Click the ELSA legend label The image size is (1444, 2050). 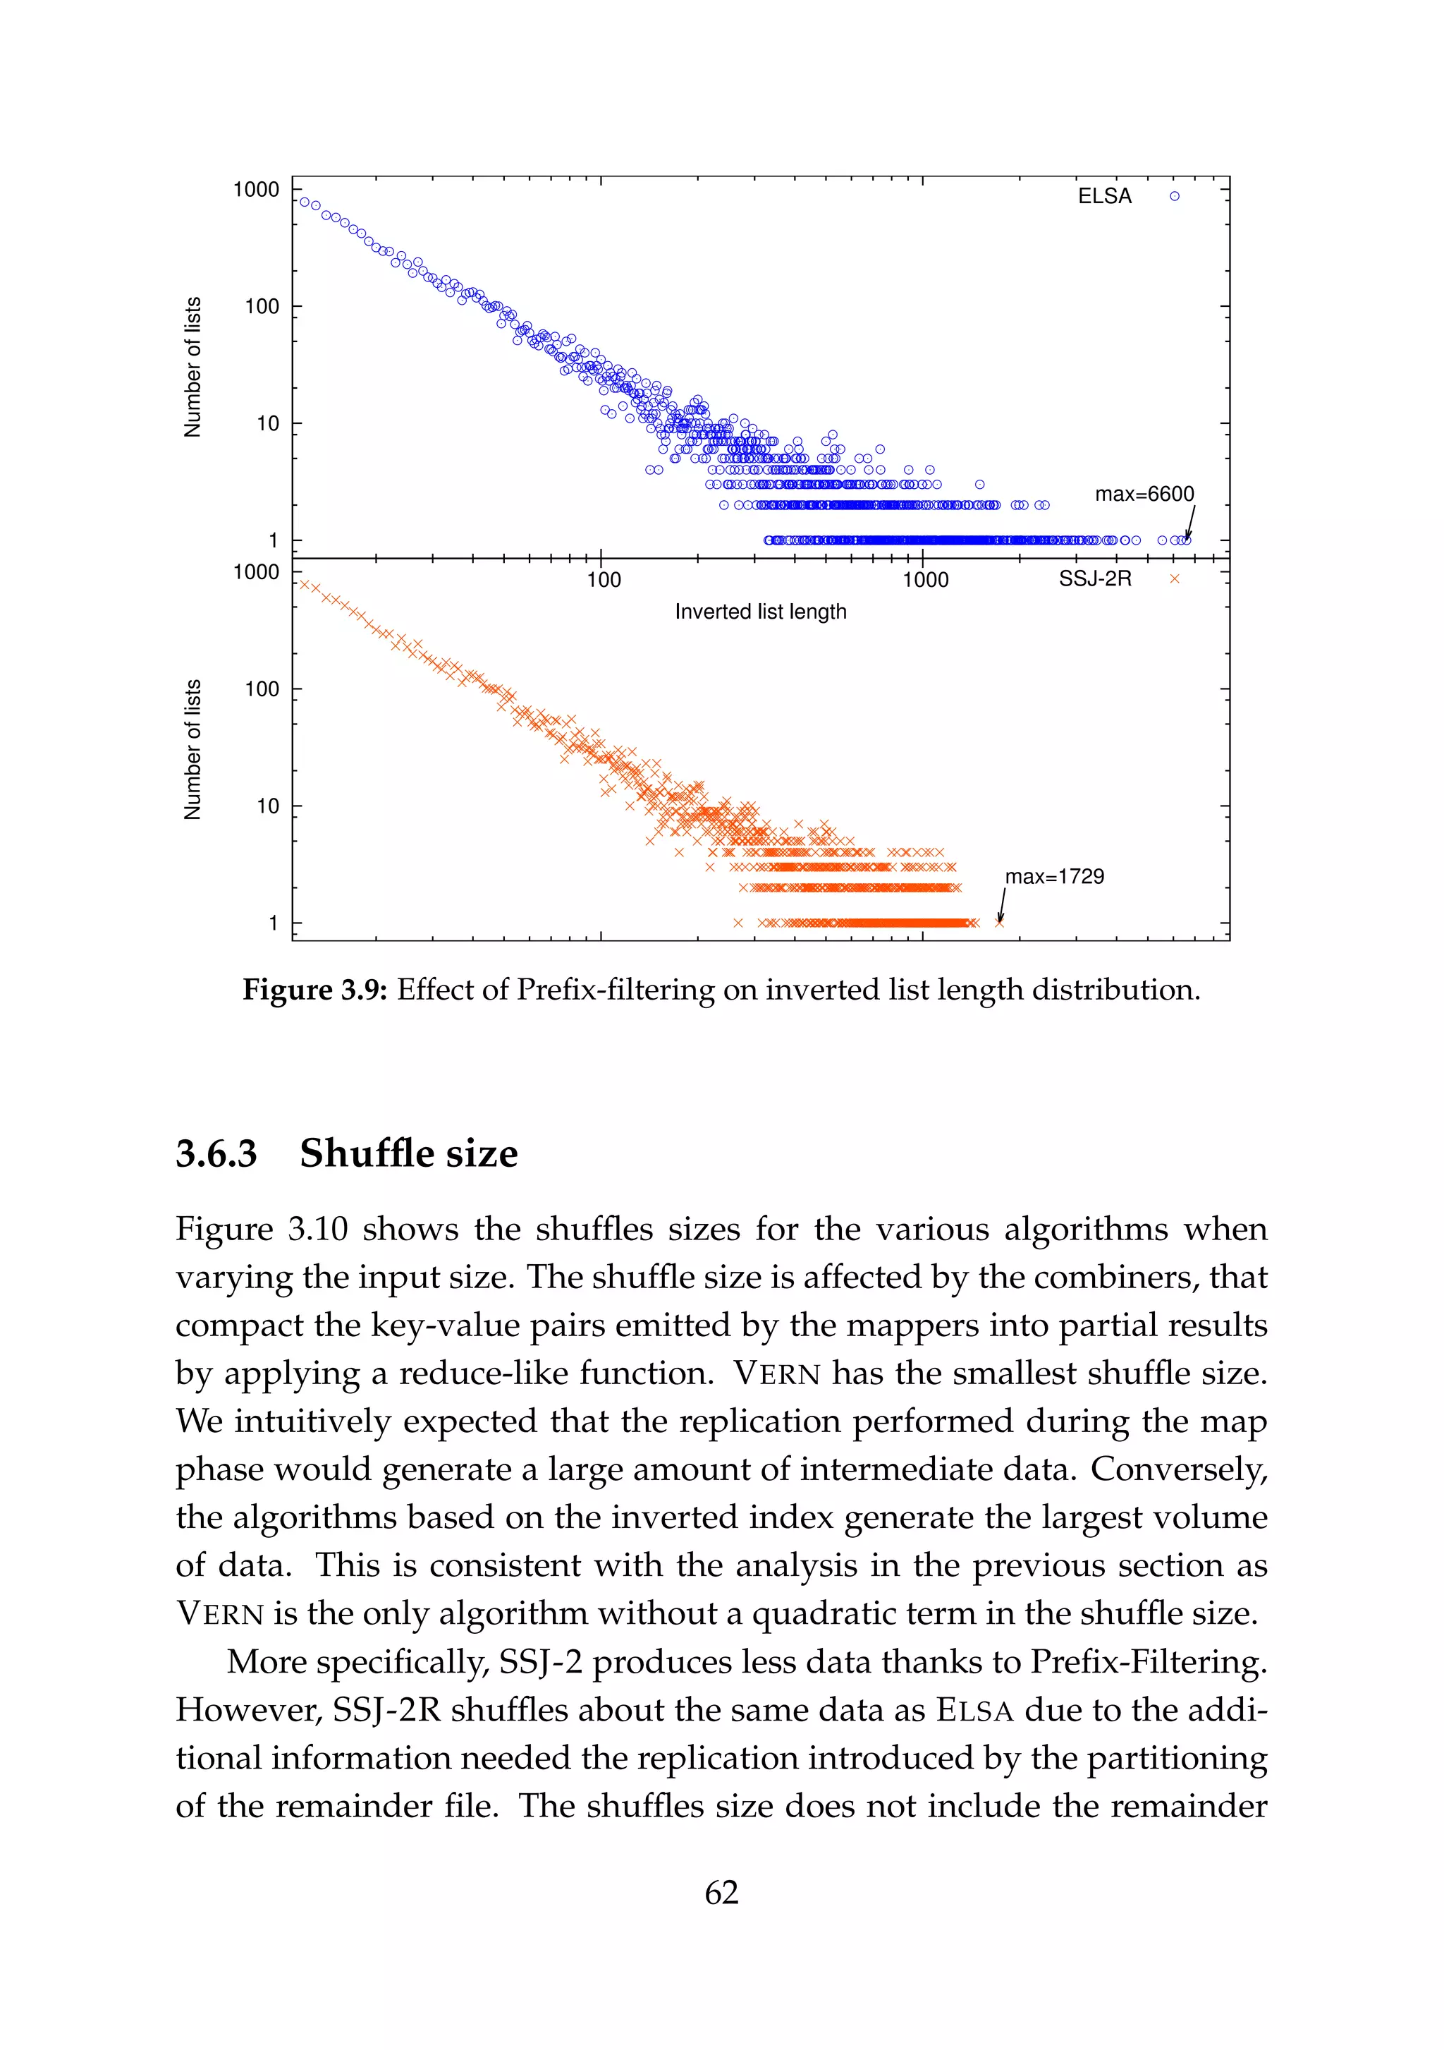point(1104,196)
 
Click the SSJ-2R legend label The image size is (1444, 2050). point(1094,579)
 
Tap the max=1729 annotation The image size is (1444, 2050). point(1054,877)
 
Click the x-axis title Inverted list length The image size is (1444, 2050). point(759,612)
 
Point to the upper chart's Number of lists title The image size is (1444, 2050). point(192,367)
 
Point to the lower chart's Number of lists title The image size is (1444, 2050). point(192,749)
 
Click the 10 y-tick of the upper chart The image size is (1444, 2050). point(268,423)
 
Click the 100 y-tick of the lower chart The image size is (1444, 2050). point(262,689)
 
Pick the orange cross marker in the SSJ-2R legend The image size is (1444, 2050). point(1175,579)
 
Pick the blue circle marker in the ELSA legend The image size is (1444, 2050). point(1175,196)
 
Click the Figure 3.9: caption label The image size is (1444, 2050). point(314,989)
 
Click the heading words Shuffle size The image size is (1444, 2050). point(409,1153)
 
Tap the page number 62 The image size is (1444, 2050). point(721,1892)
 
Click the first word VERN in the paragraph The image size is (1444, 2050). point(776,1373)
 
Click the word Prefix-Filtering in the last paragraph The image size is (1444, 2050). point(1149,1661)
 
